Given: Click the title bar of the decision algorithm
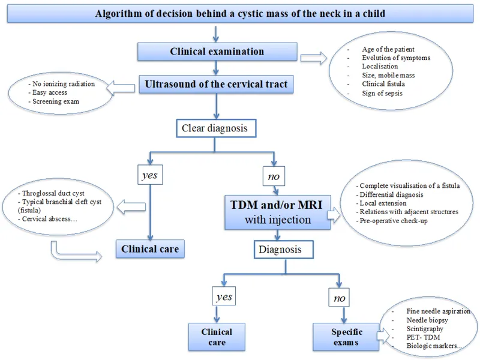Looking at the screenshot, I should (x=240, y=14).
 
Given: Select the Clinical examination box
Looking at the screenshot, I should (x=217, y=52).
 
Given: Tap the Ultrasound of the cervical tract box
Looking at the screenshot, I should (x=217, y=85).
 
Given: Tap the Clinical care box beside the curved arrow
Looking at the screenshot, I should (x=150, y=249).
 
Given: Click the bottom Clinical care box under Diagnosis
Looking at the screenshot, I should (x=217, y=336).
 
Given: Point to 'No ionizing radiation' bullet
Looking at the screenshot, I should (x=61, y=84).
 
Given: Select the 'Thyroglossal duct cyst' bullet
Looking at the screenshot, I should (x=56, y=194).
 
